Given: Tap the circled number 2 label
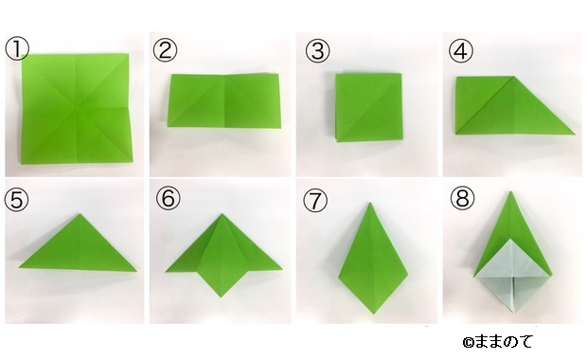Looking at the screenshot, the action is [x=165, y=50].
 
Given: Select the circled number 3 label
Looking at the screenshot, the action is [x=317, y=50].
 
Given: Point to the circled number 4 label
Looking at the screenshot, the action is [x=460, y=50].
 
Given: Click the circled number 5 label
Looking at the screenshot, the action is [x=16, y=200].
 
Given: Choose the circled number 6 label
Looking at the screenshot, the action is [x=169, y=198].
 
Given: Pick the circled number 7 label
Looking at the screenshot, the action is [x=315, y=200].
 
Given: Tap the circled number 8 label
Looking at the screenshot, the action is [x=462, y=198].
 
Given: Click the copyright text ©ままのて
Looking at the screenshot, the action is [x=497, y=342].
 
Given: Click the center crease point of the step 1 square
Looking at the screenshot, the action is [x=76, y=109].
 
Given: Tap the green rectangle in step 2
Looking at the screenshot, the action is [x=223, y=100].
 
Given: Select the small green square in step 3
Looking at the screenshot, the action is [x=368, y=107].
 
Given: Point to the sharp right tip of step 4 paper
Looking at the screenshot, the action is [x=575, y=134].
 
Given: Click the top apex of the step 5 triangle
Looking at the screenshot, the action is [x=80, y=214].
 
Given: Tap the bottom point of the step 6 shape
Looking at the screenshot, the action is [x=222, y=297].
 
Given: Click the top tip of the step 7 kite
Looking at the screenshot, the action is [x=370, y=203].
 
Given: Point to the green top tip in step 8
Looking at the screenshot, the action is [x=510, y=191].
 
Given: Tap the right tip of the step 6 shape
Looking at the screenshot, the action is [x=281, y=268].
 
